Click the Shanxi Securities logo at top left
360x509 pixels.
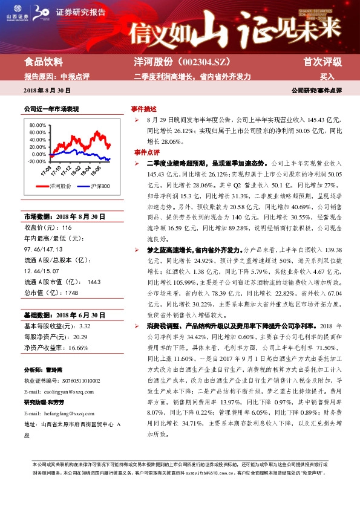(x=18, y=12)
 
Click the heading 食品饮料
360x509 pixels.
(x=43, y=62)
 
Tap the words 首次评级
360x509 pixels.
(x=322, y=62)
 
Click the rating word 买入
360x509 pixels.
(x=327, y=77)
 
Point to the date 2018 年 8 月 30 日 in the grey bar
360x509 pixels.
(x=47, y=90)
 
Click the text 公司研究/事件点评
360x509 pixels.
(x=316, y=90)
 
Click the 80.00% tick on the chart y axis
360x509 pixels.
(x=37, y=125)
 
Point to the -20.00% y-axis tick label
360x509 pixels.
(x=37, y=161)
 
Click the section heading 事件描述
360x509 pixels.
(x=144, y=110)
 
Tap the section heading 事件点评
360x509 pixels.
(x=144, y=152)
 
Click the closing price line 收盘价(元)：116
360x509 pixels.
(x=48, y=227)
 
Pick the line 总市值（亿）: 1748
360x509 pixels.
(x=51, y=293)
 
